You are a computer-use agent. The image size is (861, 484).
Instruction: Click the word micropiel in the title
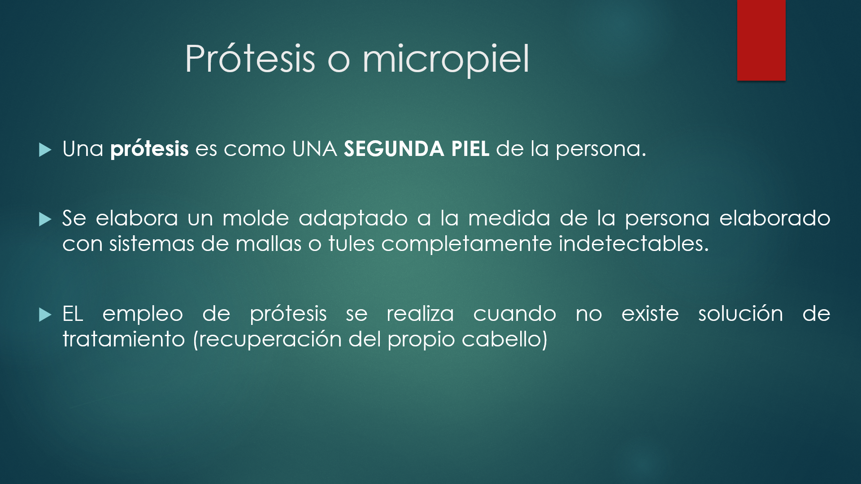(x=446, y=60)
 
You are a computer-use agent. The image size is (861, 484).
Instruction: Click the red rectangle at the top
(x=761, y=40)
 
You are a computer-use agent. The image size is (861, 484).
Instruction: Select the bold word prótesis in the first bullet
(x=149, y=149)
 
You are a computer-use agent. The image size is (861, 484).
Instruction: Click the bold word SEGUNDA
(x=394, y=149)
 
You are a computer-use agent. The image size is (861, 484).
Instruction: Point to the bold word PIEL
(x=470, y=149)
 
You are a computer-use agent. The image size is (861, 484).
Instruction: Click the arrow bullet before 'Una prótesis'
(x=45, y=150)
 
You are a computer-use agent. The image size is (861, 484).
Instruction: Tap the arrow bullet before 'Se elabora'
(x=45, y=219)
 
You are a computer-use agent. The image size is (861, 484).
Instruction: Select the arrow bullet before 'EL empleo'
(x=45, y=315)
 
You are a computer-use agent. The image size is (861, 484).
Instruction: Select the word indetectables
(x=634, y=244)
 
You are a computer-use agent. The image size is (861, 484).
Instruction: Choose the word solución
(x=740, y=313)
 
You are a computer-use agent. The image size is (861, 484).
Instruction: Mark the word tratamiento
(x=123, y=339)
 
